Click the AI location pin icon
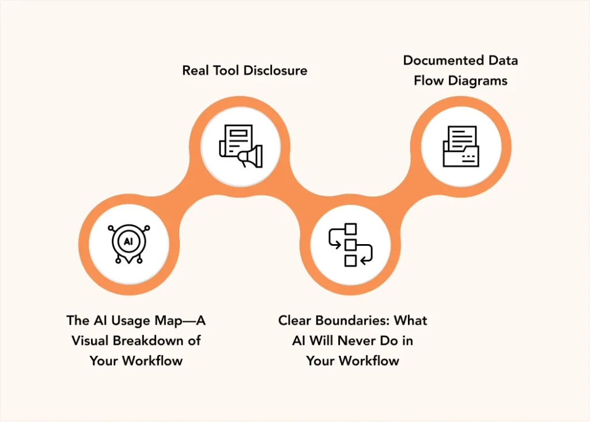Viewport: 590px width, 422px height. pos(128,243)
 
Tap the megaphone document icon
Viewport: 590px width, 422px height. pos(240,146)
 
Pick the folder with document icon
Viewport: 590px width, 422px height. pos(460,146)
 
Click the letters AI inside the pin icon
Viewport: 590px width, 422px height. pos(128,241)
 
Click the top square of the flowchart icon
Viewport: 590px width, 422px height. pos(350,229)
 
